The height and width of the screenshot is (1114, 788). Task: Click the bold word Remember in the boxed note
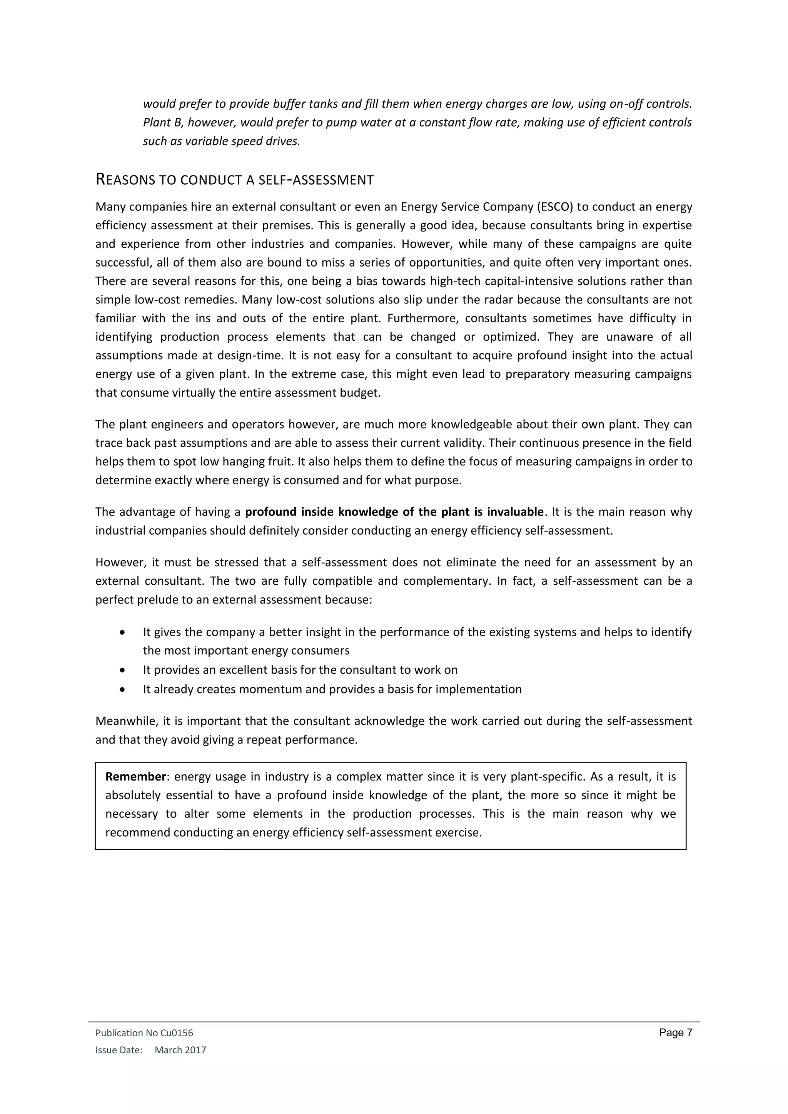coord(136,777)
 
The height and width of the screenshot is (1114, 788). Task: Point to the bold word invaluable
coord(515,512)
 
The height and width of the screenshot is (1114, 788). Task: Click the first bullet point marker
coord(123,633)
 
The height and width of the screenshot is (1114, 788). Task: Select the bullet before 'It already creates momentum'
coord(123,689)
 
